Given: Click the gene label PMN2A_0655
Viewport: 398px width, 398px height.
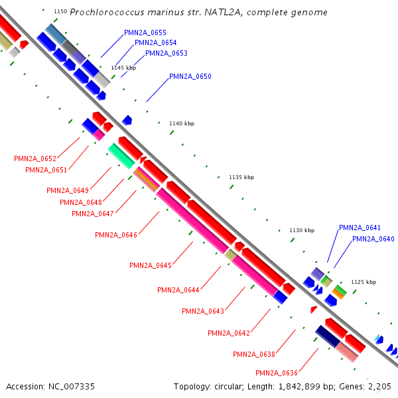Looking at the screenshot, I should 145,33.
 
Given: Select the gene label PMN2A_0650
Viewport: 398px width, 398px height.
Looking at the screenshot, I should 190,76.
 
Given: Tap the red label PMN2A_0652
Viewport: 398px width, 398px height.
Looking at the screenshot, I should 35,159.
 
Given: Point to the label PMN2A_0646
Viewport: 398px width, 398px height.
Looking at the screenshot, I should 116,235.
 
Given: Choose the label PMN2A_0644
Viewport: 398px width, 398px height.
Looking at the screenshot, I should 178,290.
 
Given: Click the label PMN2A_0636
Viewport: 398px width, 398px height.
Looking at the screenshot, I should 277,373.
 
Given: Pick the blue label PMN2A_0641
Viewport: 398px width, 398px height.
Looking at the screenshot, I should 360,228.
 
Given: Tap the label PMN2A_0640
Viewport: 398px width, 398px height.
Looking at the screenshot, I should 373,239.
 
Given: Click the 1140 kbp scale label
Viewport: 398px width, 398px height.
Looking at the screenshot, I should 182,123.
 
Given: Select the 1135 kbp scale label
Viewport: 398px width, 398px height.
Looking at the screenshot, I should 241,177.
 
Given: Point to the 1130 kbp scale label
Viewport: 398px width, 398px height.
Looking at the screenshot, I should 301,230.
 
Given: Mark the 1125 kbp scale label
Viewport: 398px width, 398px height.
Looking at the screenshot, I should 363,282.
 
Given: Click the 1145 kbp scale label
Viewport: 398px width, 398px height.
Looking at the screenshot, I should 123,68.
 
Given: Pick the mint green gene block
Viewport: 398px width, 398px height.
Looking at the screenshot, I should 122,155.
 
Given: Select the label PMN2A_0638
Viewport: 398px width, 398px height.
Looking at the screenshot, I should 254,354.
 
